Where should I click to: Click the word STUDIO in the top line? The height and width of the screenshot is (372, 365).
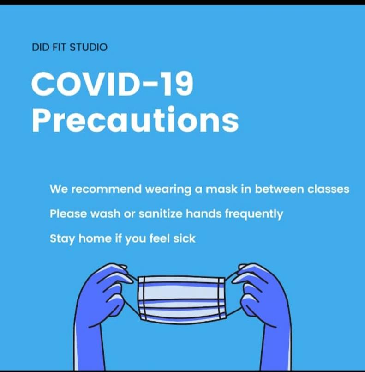pyautogui.click(x=88, y=47)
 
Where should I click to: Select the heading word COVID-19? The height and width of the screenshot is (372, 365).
pyautogui.click(x=112, y=84)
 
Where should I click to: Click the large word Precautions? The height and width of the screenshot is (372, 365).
pyautogui.click(x=135, y=119)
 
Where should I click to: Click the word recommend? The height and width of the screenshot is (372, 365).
pyautogui.click(x=106, y=189)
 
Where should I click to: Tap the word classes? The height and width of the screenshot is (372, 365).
pyautogui.click(x=328, y=189)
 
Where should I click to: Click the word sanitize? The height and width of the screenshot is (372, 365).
pyautogui.click(x=161, y=213)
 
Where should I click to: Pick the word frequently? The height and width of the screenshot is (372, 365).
pyautogui.click(x=254, y=214)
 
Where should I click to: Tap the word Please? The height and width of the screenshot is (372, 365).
pyautogui.click(x=68, y=213)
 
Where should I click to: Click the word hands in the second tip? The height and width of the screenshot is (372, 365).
pyautogui.click(x=203, y=213)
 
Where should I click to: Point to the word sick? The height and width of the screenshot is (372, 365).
pyautogui.click(x=184, y=238)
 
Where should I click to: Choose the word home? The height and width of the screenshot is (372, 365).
pyautogui.click(x=95, y=238)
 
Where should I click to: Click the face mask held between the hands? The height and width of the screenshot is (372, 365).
pyautogui.click(x=181, y=299)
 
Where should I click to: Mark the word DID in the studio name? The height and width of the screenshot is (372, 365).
pyautogui.click(x=40, y=47)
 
